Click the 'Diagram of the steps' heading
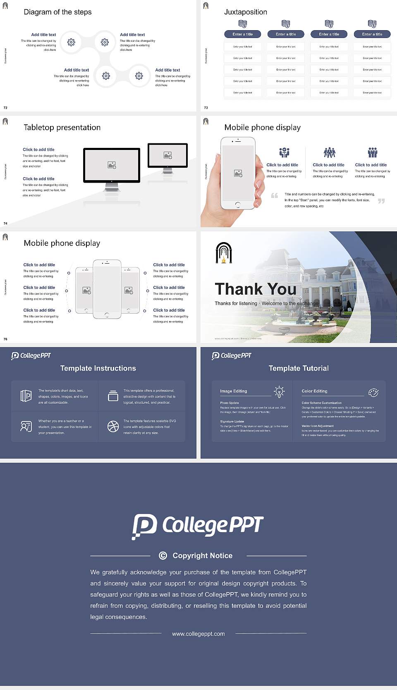point(57,12)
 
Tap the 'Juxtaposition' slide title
point(245,12)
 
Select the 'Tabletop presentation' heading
point(62,127)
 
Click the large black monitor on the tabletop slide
point(112,165)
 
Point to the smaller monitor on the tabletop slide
point(167,155)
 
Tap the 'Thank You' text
point(256,289)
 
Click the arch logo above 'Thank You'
point(224,253)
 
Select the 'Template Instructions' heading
point(98,368)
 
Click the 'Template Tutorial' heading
point(299,368)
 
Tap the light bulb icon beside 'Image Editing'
point(279,392)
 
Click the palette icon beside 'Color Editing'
point(373,393)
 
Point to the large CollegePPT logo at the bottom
point(198,526)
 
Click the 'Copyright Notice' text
point(202,556)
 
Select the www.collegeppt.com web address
point(198,634)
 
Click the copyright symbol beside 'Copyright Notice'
point(163,556)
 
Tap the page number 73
point(206,108)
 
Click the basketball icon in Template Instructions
point(113,426)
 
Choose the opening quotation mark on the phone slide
point(274,195)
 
